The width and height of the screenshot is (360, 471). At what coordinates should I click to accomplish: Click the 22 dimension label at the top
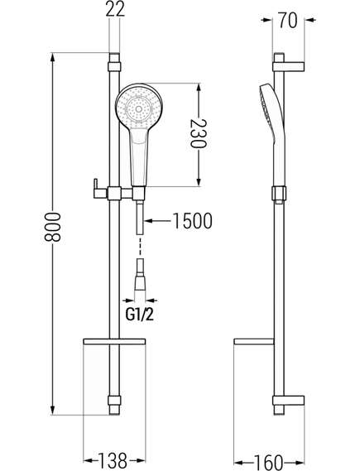[x=115, y=9]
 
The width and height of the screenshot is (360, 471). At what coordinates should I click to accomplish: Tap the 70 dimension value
[x=288, y=20]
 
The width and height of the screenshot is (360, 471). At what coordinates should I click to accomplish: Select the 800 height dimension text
[x=53, y=227]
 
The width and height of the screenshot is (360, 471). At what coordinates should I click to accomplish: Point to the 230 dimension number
[x=199, y=133]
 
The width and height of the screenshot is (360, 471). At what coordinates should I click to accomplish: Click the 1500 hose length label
[x=193, y=221]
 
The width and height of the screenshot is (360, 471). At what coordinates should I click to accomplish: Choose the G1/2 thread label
[x=139, y=315]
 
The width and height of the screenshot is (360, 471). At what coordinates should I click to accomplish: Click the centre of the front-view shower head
[x=138, y=109]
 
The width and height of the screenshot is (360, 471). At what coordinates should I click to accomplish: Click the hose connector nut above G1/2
[x=140, y=284]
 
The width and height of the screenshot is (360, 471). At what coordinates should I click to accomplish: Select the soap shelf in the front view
[x=114, y=342]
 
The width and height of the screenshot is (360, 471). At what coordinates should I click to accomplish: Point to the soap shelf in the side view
[x=254, y=342]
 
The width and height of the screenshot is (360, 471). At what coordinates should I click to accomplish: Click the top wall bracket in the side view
[x=289, y=67]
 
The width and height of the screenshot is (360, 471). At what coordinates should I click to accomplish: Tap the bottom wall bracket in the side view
[x=289, y=401]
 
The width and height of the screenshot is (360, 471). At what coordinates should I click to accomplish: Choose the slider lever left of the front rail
[x=99, y=189]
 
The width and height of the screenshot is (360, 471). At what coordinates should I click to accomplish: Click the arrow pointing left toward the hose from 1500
[x=159, y=221]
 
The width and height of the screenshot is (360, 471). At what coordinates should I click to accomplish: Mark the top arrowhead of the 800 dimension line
[x=53, y=58]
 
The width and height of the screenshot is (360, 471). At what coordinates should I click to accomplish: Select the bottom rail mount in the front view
[x=114, y=405]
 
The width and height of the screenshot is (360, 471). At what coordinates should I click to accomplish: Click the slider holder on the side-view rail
[x=279, y=194]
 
